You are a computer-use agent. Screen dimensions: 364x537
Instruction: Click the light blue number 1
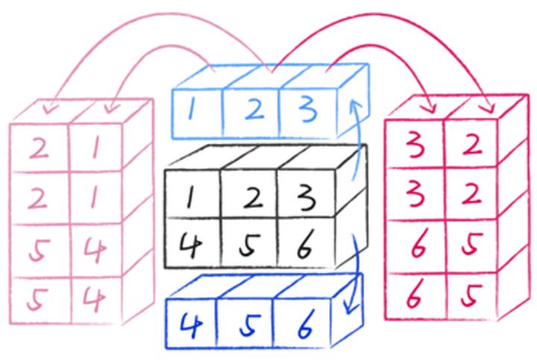(193, 111)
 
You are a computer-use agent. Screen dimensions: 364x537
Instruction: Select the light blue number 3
(307, 110)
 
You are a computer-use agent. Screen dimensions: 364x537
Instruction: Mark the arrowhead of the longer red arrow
(489, 105)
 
